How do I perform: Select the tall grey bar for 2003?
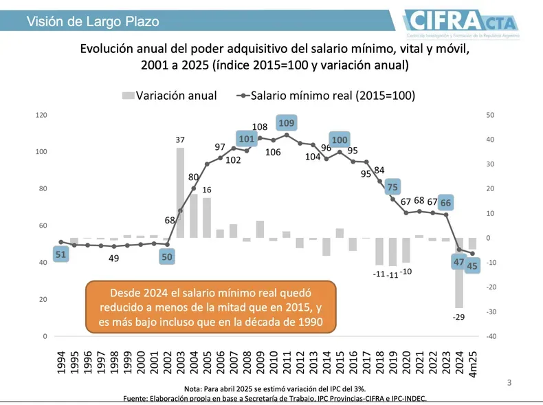(x=180, y=193)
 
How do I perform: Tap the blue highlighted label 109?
(x=287, y=123)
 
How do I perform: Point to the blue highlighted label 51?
(x=60, y=254)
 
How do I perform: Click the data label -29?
(x=458, y=317)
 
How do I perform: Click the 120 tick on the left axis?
(x=41, y=115)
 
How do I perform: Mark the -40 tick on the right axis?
(x=489, y=336)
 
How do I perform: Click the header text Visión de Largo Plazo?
(x=92, y=21)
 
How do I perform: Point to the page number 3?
(x=509, y=382)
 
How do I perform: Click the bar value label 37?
(x=180, y=140)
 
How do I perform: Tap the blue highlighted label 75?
(x=392, y=187)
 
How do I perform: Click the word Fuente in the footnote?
(x=137, y=398)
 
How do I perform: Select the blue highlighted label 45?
(x=472, y=266)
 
